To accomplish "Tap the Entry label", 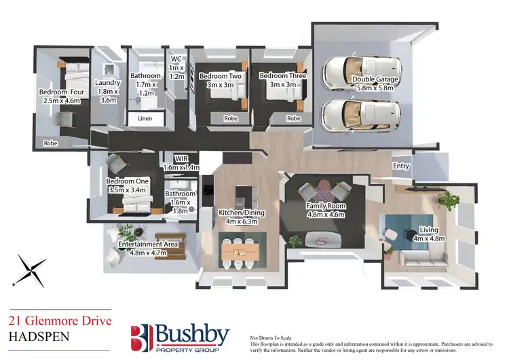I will click(401, 166).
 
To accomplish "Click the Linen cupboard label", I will click(145, 118).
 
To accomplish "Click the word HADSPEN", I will click(34, 335).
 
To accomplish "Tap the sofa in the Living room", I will click(418, 258).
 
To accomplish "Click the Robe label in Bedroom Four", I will click(50, 143).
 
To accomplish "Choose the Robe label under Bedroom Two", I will click(231, 118).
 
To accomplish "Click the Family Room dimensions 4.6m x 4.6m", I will click(327, 215).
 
